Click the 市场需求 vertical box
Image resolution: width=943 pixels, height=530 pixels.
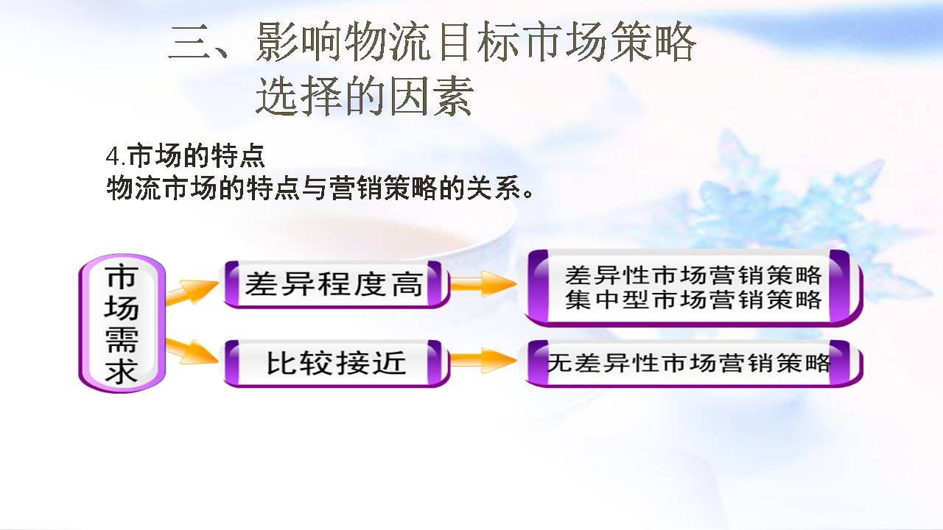coord(122,323)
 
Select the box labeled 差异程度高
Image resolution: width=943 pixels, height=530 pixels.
coord(335,283)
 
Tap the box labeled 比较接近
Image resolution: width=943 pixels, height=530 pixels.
coord(336,363)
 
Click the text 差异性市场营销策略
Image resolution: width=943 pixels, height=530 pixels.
coord(693,275)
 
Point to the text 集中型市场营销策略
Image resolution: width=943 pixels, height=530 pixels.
coord(693,300)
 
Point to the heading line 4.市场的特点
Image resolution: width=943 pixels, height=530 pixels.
coord(185,157)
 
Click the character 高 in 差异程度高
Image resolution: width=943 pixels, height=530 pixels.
coord(407,284)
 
